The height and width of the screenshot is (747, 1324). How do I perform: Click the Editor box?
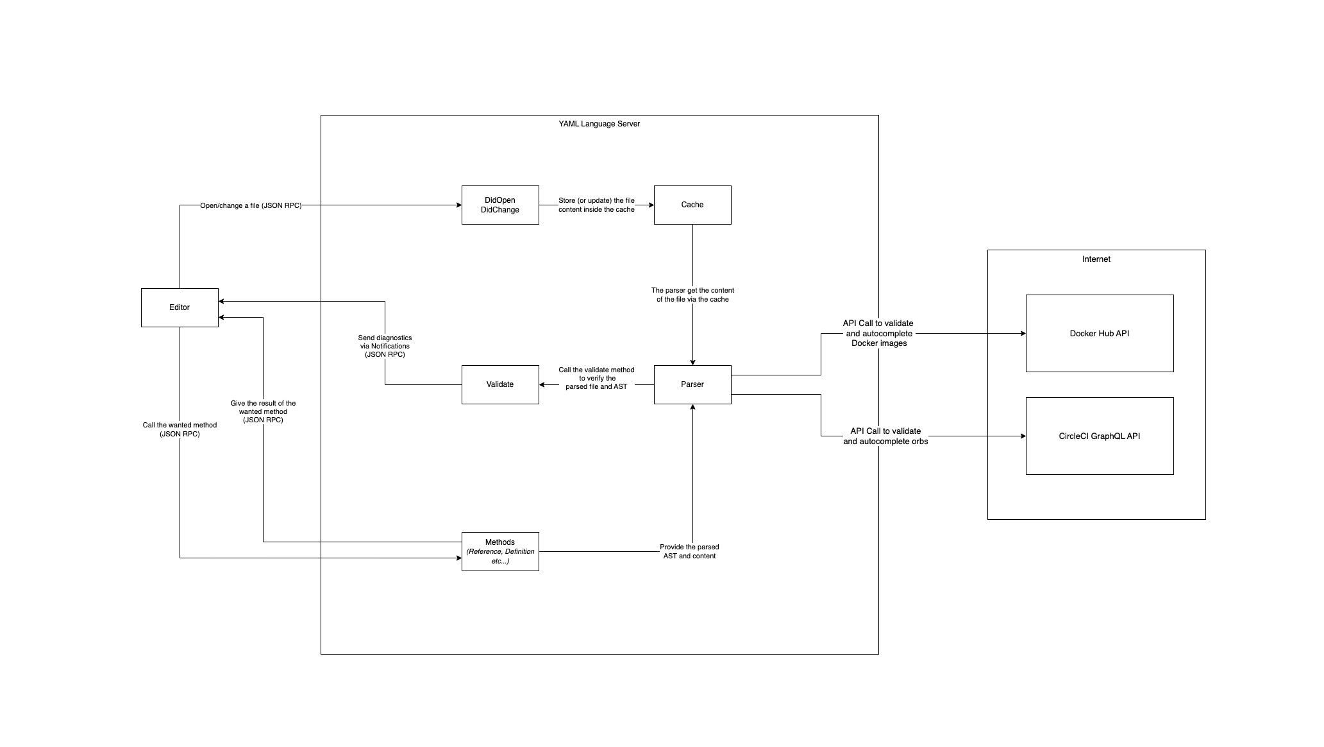pyautogui.click(x=180, y=307)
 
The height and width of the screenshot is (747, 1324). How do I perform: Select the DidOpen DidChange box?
pyautogui.click(x=500, y=205)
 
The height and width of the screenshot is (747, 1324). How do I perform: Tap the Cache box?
pyautogui.click(x=692, y=205)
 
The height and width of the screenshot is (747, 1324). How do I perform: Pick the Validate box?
pyautogui.click(x=500, y=384)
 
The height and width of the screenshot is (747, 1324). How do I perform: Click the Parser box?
pyautogui.click(x=692, y=384)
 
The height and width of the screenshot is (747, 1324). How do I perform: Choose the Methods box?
pyautogui.click(x=500, y=551)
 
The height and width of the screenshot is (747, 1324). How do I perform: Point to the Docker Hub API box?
pyautogui.click(x=1100, y=333)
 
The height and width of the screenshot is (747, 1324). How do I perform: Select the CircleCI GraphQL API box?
pyautogui.click(x=1100, y=436)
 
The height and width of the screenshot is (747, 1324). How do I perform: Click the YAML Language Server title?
pyautogui.click(x=599, y=124)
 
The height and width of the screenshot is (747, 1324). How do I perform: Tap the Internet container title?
pyautogui.click(x=1096, y=259)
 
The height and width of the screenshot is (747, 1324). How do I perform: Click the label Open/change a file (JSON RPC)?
pyautogui.click(x=251, y=205)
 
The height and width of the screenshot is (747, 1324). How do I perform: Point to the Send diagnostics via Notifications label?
pyautogui.click(x=385, y=346)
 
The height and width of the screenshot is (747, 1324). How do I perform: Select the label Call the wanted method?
pyautogui.click(x=180, y=429)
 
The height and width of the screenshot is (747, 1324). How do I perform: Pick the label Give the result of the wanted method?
pyautogui.click(x=264, y=411)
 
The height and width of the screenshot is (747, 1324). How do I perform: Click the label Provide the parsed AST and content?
pyautogui.click(x=689, y=551)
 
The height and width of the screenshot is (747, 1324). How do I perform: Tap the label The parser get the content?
pyautogui.click(x=692, y=295)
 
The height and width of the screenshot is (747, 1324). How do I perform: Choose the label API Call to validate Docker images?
pyautogui.click(x=878, y=333)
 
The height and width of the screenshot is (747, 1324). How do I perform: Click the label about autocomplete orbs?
pyautogui.click(x=885, y=436)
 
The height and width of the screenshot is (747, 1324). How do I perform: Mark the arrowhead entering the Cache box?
pyautogui.click(x=651, y=205)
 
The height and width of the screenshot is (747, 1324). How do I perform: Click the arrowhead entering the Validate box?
pyautogui.click(x=542, y=385)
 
